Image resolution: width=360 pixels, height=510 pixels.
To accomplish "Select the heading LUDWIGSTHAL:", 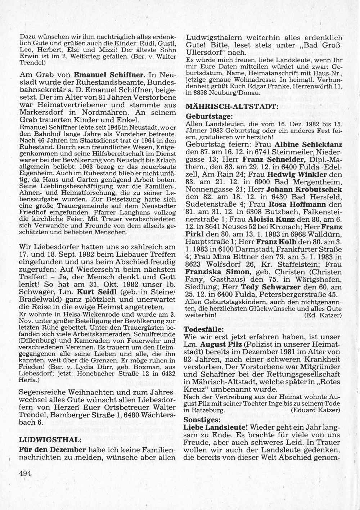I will pyautogui.click(x=42, y=440).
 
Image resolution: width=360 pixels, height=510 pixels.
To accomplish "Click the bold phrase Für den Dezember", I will pyautogui.click(x=52, y=450).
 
